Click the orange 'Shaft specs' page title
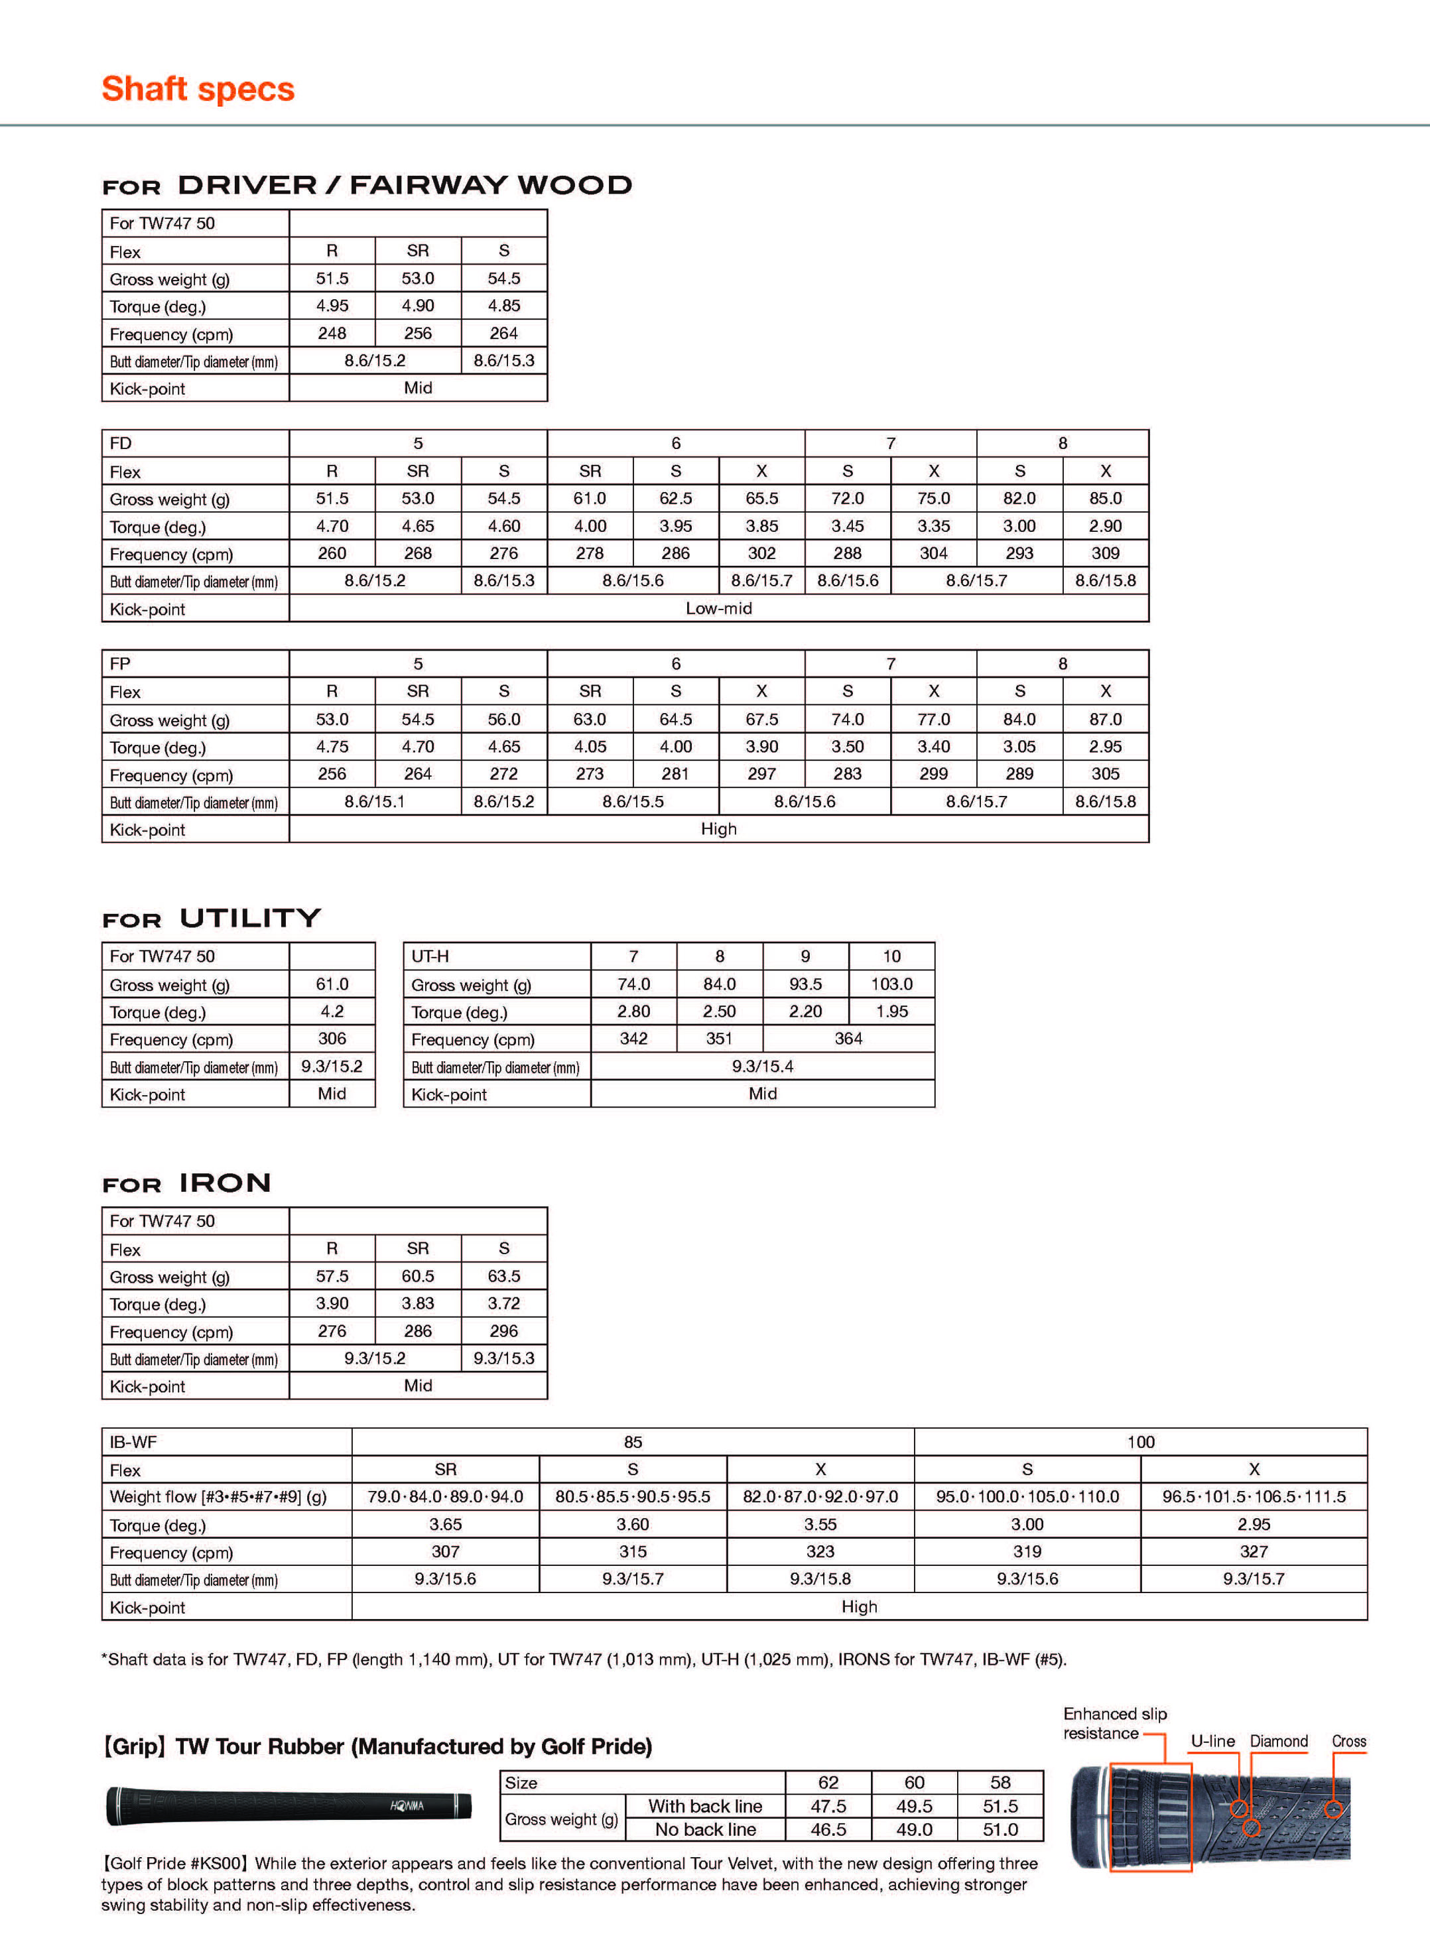click(198, 89)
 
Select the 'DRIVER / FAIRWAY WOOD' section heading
click(404, 185)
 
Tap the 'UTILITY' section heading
click(250, 918)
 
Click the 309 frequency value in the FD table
click(1106, 553)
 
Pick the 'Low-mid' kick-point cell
click(718, 609)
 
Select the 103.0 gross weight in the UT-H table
click(891, 984)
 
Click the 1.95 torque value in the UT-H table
click(891, 1011)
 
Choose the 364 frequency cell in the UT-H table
click(848, 1038)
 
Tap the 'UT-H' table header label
click(430, 956)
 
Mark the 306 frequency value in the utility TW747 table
click(332, 1038)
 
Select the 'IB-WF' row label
click(133, 1441)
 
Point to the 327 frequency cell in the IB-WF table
click(1254, 1551)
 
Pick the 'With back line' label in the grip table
click(704, 1806)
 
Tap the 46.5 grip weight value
click(828, 1829)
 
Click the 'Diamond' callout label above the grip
click(1279, 1741)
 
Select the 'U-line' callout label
click(1212, 1741)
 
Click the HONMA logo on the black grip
click(407, 1806)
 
